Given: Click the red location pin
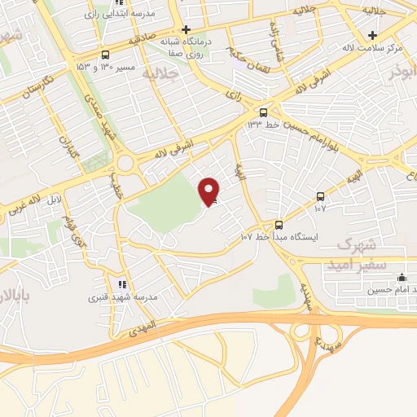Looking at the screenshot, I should [209, 191].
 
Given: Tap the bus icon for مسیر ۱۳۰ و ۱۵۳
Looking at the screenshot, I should [104, 55].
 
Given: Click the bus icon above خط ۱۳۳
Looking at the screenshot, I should [263, 112].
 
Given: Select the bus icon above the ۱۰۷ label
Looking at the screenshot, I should [320, 196].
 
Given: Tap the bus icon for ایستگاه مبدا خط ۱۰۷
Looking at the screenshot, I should [279, 224].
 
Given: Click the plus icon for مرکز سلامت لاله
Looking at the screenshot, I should [372, 35].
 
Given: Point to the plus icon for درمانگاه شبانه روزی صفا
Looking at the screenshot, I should [187, 29].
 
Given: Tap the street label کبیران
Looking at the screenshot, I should [64, 148].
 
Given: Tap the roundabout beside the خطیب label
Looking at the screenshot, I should [125, 164].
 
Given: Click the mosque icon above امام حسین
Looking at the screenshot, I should [402, 277].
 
